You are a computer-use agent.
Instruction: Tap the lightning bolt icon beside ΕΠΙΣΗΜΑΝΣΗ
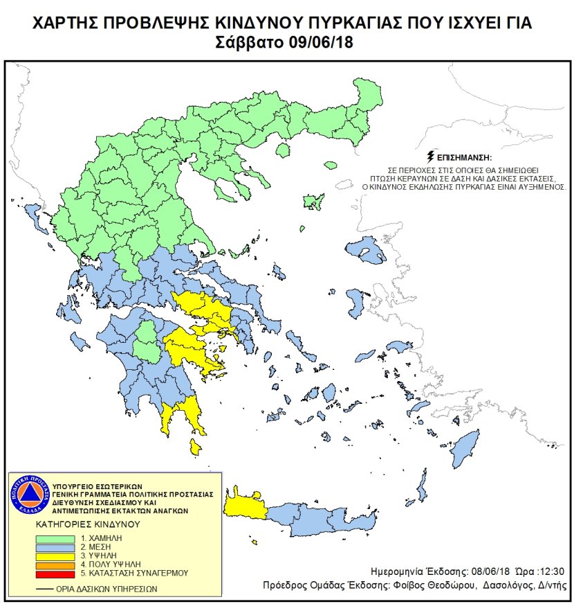pos(432,155)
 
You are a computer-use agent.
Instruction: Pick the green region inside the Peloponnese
pos(147,341)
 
